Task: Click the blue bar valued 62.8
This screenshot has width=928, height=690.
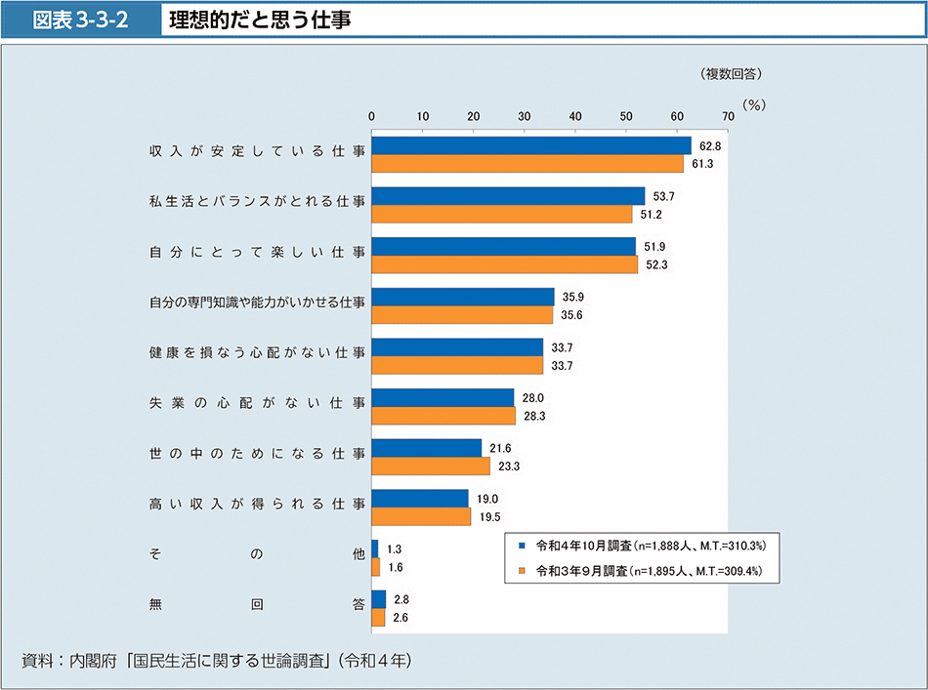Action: tap(531, 145)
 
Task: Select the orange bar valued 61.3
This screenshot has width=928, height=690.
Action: tap(527, 163)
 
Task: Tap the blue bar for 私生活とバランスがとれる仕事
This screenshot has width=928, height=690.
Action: tap(508, 196)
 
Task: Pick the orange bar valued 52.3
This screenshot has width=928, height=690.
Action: tap(505, 264)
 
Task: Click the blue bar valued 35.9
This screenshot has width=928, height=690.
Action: tap(463, 297)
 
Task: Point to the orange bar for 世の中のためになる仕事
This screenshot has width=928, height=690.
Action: tap(431, 466)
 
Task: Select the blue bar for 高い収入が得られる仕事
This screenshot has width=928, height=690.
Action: tap(420, 499)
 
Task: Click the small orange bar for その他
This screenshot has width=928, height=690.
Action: tap(376, 566)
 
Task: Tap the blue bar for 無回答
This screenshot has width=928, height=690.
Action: tap(379, 599)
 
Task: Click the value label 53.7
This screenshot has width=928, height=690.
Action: tap(664, 196)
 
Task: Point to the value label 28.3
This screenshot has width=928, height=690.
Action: tap(533, 416)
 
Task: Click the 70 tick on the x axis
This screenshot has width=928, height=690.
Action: tap(728, 116)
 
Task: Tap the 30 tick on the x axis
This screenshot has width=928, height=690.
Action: tap(525, 116)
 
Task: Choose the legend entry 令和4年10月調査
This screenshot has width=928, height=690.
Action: tap(645, 546)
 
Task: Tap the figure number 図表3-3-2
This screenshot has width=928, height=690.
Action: tap(82, 19)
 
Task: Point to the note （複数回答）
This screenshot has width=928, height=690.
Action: tap(730, 73)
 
